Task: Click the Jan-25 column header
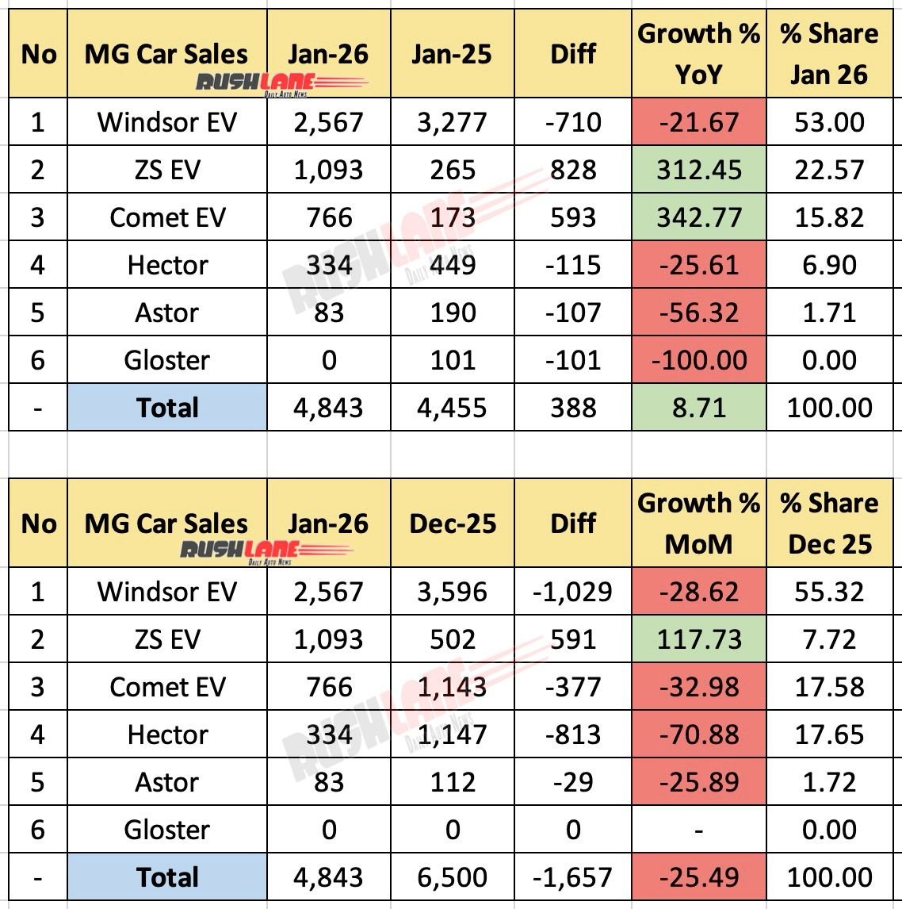click(452, 54)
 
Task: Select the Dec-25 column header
click(452, 524)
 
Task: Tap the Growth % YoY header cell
click(698, 54)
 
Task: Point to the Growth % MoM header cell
click(698, 524)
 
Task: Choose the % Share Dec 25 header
click(829, 524)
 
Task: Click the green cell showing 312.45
click(698, 170)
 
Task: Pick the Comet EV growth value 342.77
click(698, 217)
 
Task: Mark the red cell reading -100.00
click(698, 360)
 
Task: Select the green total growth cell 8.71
click(698, 408)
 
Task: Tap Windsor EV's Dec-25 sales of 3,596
click(452, 592)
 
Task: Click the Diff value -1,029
click(573, 592)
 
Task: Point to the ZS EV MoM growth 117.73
click(698, 639)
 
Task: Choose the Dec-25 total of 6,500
click(452, 877)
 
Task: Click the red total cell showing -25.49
click(698, 877)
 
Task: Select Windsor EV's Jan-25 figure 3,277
click(452, 122)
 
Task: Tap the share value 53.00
click(829, 122)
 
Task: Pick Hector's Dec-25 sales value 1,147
click(452, 734)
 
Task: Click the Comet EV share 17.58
click(829, 687)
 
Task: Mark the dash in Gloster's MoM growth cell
click(698, 830)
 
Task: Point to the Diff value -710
click(573, 122)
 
